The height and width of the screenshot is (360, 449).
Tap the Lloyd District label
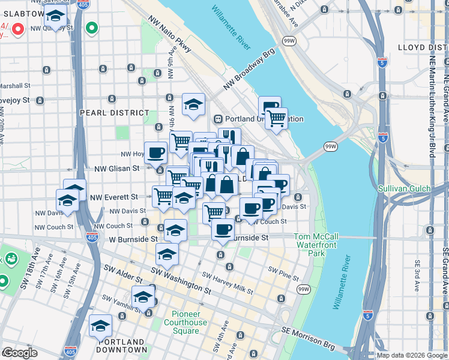coord(423,47)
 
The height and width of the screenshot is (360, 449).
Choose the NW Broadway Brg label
coord(249,73)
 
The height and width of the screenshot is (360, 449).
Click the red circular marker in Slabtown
coord(19,28)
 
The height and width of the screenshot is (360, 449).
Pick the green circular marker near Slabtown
coord(91,28)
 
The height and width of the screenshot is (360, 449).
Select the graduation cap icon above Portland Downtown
coord(100,326)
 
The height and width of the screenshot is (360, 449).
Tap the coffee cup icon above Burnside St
coord(223,229)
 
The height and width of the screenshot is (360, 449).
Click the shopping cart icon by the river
coord(276,118)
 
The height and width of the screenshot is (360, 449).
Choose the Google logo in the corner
coord(20,353)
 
